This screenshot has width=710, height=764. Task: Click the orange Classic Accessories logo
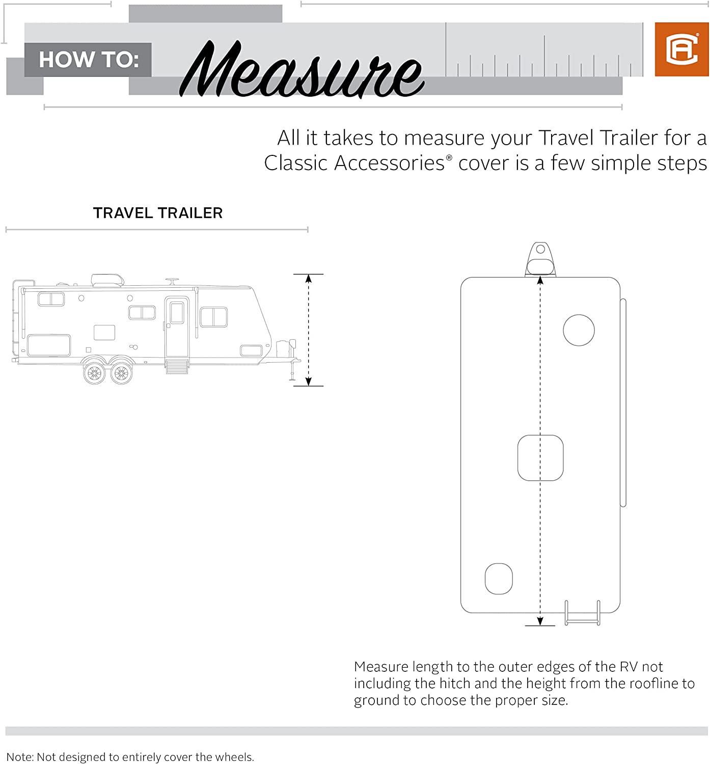point(681,49)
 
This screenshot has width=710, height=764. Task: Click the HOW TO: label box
point(88,60)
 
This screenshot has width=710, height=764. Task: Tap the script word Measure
point(302,69)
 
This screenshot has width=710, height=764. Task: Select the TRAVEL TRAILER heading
point(158,213)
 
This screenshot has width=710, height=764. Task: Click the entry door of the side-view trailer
point(177,326)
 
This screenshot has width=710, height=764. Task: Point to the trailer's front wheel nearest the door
point(122,373)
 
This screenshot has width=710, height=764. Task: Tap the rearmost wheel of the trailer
point(94,373)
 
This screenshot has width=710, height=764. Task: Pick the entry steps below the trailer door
point(177,366)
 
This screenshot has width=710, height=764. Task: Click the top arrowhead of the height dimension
point(308,278)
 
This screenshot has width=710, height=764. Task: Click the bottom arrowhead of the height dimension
point(308,381)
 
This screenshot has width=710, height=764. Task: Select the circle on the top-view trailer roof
point(579,330)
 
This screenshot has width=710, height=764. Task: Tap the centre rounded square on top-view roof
point(540,457)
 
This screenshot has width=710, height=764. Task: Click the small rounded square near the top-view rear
point(499,579)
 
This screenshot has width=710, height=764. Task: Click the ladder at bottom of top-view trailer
point(583,613)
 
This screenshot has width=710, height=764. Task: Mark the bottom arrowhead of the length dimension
point(540,621)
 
